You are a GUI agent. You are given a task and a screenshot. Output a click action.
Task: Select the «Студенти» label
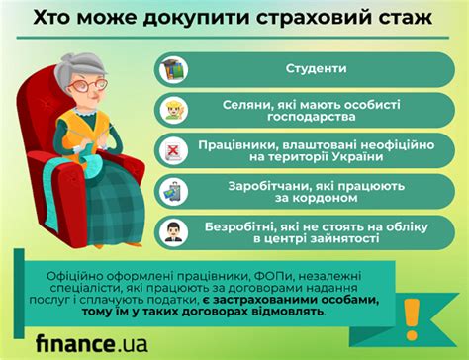[x=316, y=68]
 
